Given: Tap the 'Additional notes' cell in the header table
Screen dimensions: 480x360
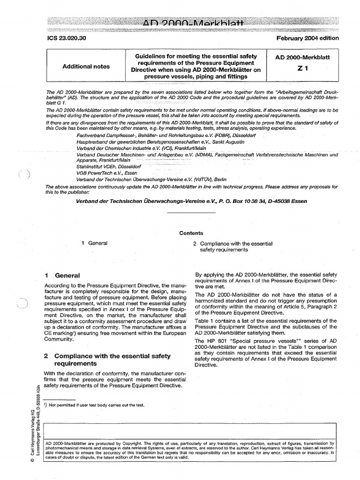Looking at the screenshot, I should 86,67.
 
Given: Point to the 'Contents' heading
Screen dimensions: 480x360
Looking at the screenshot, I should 191,233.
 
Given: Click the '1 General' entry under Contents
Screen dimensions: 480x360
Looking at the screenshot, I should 95,243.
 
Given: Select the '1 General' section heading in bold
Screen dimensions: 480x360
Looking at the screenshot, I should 62,276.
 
